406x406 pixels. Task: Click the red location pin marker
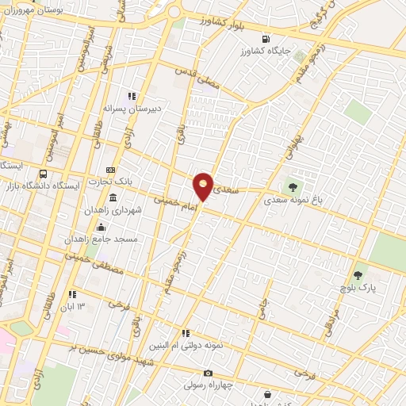click(x=204, y=186)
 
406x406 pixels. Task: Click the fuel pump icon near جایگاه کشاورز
click(x=265, y=39)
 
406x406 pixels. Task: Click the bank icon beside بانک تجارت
click(x=110, y=170)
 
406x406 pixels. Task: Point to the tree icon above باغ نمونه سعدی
click(x=293, y=188)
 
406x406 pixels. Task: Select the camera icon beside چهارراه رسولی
click(x=209, y=373)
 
